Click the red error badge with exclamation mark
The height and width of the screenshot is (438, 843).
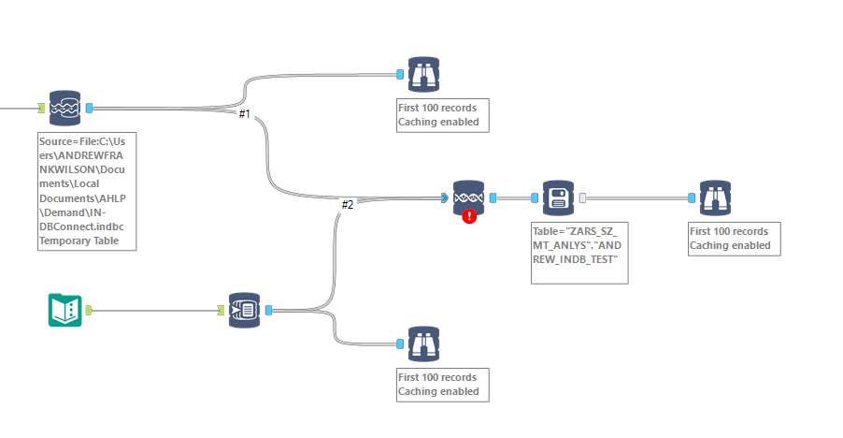[469, 216]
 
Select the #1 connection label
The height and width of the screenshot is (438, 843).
[244, 114]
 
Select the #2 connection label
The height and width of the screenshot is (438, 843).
[347, 204]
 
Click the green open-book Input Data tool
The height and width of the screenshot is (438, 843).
[64, 310]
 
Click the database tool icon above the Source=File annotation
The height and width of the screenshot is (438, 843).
[64, 108]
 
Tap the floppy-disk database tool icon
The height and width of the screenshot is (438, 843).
[558, 197]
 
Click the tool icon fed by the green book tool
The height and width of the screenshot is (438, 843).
[245, 310]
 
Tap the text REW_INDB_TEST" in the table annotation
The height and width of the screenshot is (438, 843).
[572, 258]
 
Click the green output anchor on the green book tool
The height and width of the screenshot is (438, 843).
[89, 310]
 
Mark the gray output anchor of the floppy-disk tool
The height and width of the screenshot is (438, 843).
[582, 197]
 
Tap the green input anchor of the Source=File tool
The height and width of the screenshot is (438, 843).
[42, 108]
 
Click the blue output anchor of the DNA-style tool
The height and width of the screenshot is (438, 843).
[493, 197]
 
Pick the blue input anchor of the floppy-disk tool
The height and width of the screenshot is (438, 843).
[535, 197]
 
